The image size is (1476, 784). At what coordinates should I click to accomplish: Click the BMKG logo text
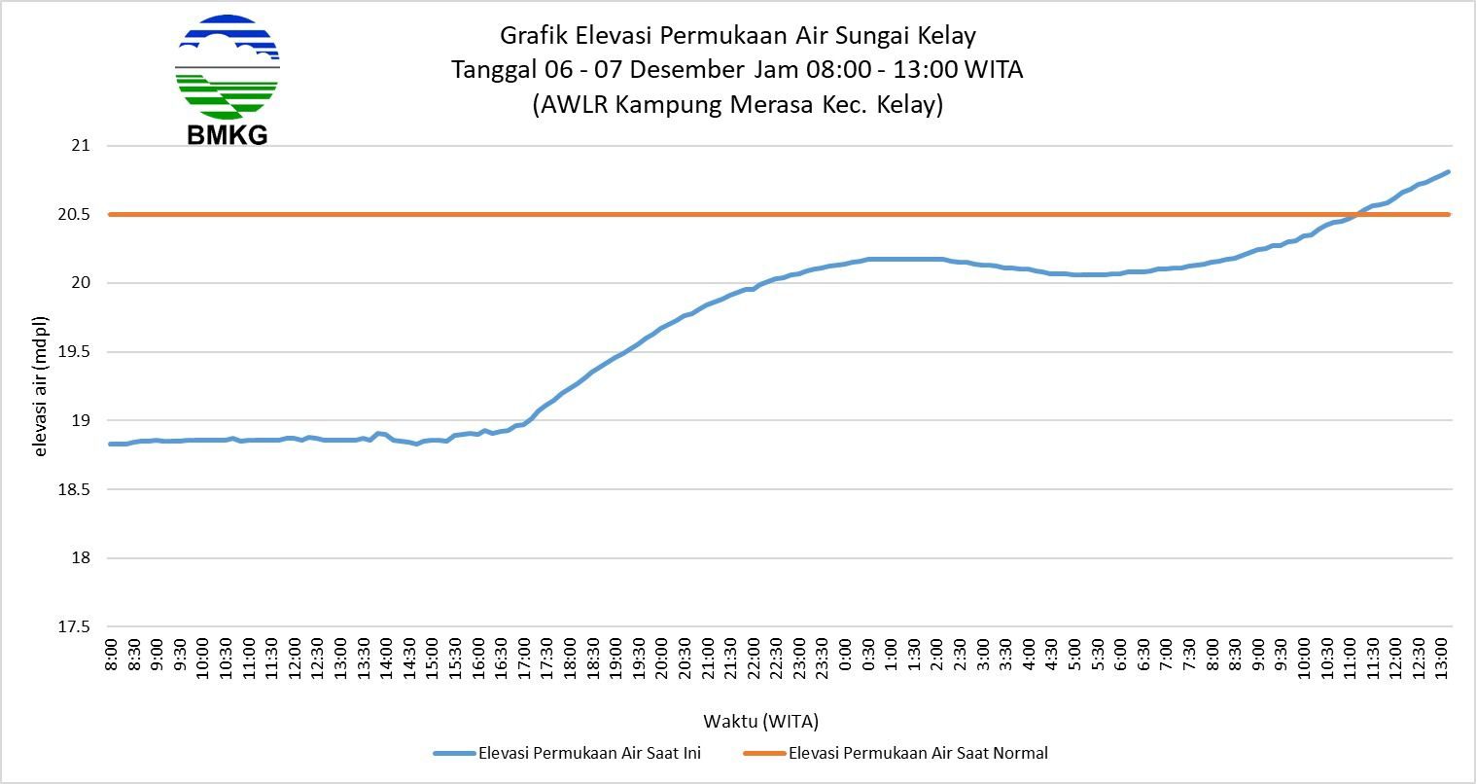(x=227, y=135)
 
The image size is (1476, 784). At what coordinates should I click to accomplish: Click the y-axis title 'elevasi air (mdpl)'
(x=42, y=386)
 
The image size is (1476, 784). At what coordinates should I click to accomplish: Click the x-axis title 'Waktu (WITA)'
(x=760, y=721)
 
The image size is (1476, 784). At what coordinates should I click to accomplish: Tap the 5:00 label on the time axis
(x=1075, y=654)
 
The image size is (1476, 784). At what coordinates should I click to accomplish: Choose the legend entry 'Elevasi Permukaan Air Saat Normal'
(x=918, y=753)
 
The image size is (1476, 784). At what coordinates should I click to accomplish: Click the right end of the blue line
(x=1448, y=172)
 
